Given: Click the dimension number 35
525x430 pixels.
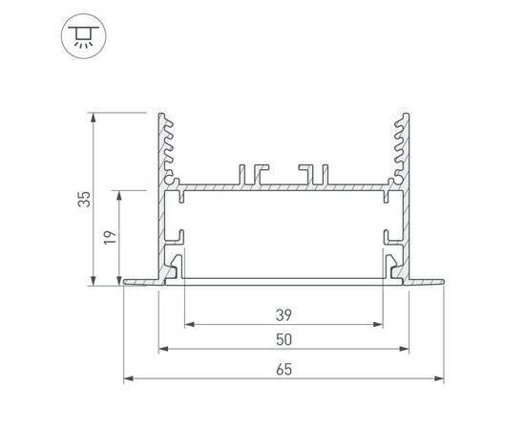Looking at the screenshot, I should pos(85,200).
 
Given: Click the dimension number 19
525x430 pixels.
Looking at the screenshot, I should pos(110,237).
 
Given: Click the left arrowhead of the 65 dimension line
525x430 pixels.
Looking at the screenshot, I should pos(128,379).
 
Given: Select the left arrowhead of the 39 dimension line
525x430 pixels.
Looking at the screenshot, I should pos(188,324).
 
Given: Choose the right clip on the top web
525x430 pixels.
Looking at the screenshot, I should pos(311,173).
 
